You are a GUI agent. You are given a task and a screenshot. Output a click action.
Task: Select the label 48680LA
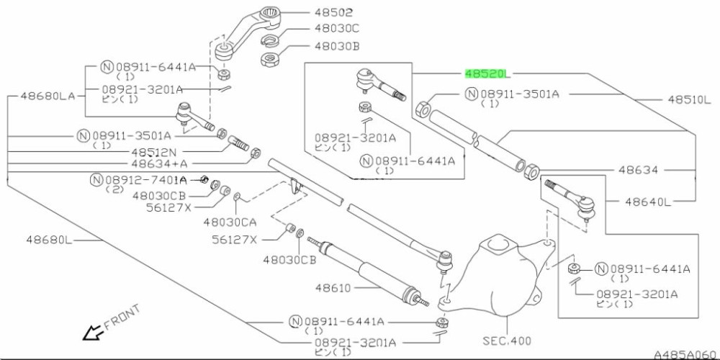48,95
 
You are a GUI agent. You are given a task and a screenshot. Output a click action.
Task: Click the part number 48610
332,288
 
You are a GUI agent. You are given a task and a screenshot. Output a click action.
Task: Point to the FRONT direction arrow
93,333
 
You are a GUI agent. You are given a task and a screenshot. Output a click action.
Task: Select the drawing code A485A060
685,354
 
